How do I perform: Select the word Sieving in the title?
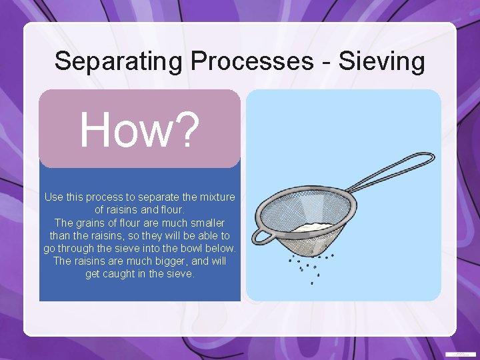(382, 61)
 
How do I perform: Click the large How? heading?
(139, 129)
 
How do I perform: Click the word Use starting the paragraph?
(54, 197)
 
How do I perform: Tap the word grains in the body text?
(94, 223)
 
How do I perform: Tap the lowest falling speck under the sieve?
(312, 283)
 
